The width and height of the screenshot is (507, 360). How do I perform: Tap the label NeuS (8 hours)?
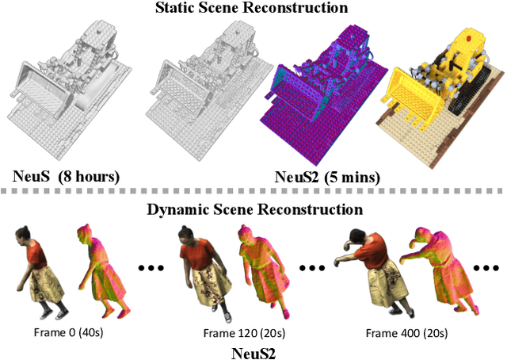(65, 176)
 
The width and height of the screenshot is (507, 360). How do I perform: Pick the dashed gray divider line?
(253, 192)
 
